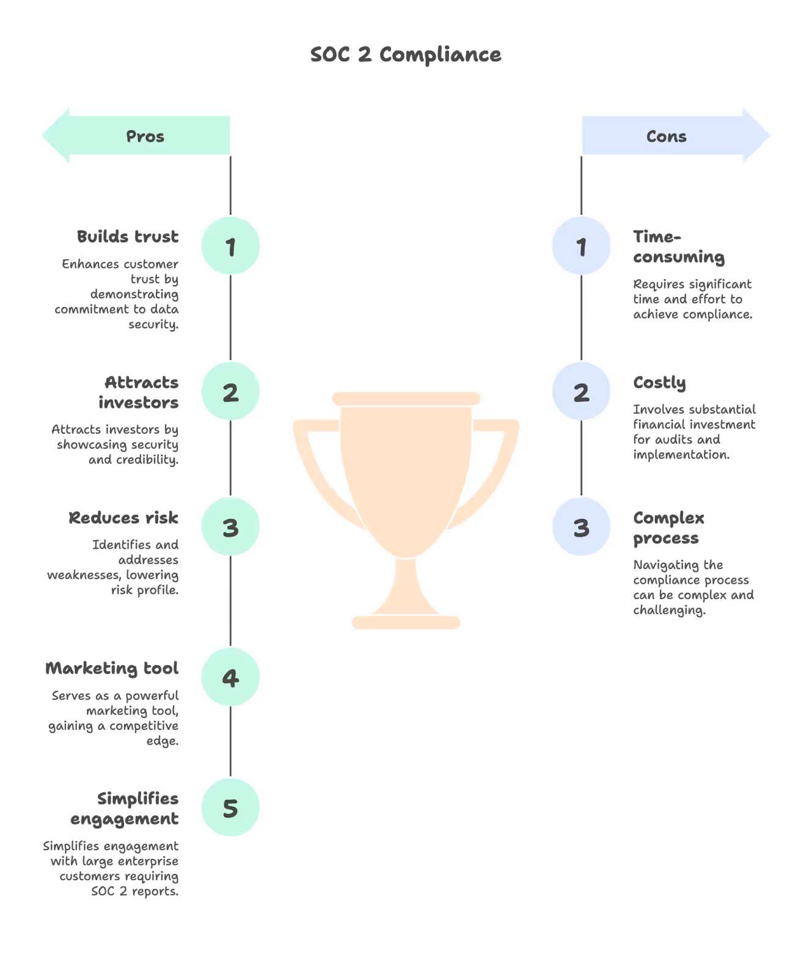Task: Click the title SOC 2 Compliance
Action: [x=406, y=55]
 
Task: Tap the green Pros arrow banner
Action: [x=144, y=136]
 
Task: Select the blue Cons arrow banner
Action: [x=667, y=136]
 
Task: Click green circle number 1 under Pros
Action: [x=230, y=246]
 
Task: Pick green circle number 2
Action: [x=230, y=391]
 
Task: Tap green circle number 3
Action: [x=230, y=526]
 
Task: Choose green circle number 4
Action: [x=230, y=677]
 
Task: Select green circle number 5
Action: [x=230, y=807]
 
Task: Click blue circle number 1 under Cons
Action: [x=581, y=246]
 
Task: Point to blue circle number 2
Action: [x=581, y=391]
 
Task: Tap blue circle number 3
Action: [x=581, y=526]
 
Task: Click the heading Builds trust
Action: [x=128, y=237]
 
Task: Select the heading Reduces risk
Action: [x=123, y=518]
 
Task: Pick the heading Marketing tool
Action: [x=112, y=668]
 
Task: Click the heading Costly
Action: [x=659, y=383]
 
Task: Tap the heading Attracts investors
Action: [x=139, y=392]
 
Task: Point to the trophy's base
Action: [x=406, y=622]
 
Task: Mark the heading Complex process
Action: [x=668, y=528]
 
